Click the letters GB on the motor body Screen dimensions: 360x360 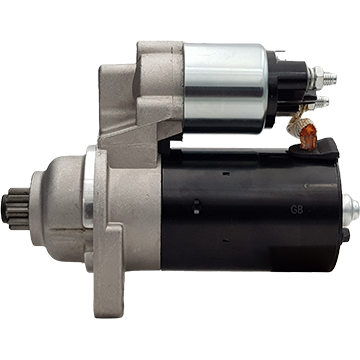point(297,210)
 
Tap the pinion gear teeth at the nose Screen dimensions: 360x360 point(17,209)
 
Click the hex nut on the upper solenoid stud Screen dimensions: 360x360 point(317,78)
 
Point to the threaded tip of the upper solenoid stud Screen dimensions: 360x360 point(330,79)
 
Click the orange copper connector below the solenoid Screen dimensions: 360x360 point(308,137)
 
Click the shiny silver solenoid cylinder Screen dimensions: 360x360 point(226,88)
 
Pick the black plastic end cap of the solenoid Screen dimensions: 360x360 point(287,87)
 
